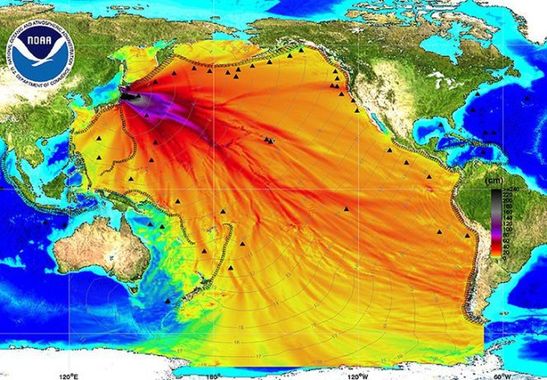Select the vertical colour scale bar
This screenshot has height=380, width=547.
pos(496,223)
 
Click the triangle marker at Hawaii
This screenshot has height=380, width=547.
pos(269,140)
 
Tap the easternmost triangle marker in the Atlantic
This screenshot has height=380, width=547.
pos(527,98)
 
